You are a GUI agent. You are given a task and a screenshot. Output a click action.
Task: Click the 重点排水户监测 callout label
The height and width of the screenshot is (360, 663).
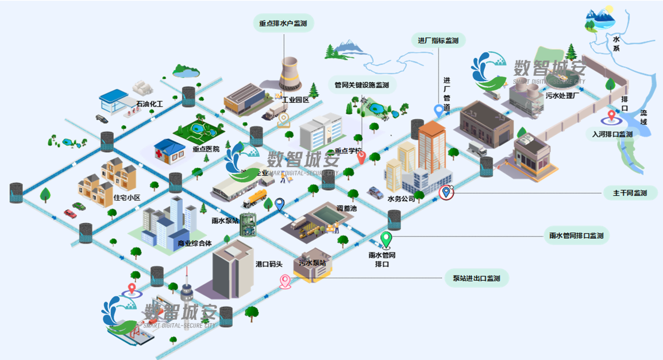(283, 24)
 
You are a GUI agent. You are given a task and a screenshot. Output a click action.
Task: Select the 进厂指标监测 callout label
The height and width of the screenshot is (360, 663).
(438, 40)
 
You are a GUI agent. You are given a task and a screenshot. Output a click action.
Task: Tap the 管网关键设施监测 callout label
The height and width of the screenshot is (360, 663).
(361, 85)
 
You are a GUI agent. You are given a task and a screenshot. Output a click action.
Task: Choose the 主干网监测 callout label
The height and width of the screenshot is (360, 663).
(630, 193)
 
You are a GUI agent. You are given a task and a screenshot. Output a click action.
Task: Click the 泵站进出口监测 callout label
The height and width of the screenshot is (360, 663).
(476, 278)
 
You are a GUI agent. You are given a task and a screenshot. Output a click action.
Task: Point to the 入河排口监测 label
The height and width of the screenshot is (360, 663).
(612, 134)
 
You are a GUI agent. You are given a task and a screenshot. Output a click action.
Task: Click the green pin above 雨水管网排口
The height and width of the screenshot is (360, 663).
(387, 238)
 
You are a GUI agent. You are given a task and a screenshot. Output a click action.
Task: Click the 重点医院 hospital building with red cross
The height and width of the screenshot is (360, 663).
(171, 150)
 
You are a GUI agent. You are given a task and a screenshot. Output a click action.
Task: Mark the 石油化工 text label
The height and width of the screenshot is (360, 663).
(149, 104)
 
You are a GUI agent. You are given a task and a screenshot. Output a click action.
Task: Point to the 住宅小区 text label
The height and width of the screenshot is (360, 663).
(127, 198)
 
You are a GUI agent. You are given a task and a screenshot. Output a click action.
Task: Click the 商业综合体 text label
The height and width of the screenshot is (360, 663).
(195, 243)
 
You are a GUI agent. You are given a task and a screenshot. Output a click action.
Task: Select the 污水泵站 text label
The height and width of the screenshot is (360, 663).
(312, 262)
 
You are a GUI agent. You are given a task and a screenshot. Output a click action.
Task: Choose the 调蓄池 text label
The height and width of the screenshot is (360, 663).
(346, 208)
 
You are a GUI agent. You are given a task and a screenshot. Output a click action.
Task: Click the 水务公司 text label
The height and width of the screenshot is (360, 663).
(401, 199)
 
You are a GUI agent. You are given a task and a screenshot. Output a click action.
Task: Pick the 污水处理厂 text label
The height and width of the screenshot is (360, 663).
(565, 96)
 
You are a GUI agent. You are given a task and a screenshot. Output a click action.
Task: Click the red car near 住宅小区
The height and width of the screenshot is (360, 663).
(70, 214)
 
